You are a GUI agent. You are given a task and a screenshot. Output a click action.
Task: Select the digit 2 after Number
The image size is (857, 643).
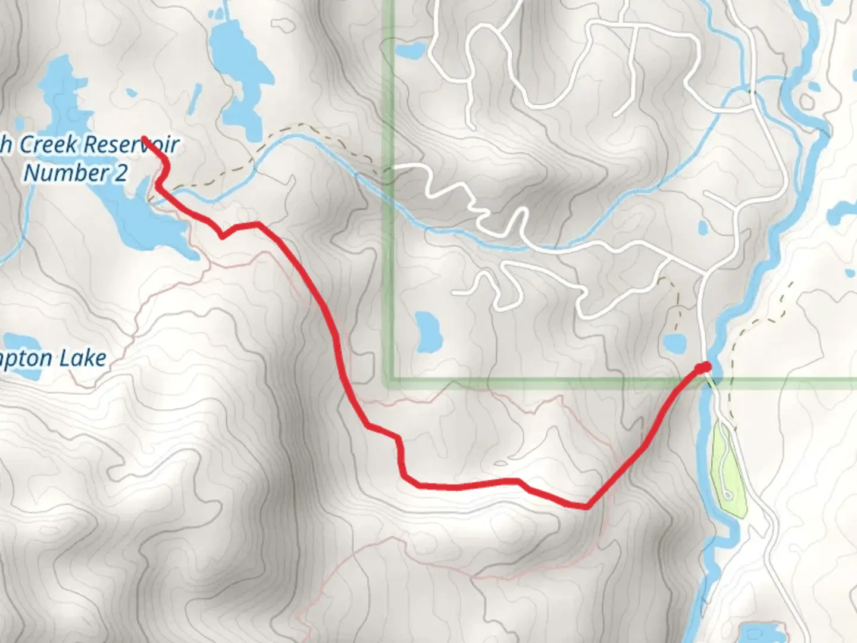click(x=120, y=173)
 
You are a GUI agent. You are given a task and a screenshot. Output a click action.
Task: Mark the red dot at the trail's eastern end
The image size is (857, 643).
click(x=706, y=367)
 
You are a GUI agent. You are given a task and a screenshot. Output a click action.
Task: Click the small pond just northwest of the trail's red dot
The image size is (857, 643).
click(x=674, y=342)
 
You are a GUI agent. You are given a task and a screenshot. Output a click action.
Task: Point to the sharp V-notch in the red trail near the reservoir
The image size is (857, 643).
click(x=222, y=236)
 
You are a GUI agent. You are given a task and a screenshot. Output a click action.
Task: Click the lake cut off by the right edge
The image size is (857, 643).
click(x=845, y=211)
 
